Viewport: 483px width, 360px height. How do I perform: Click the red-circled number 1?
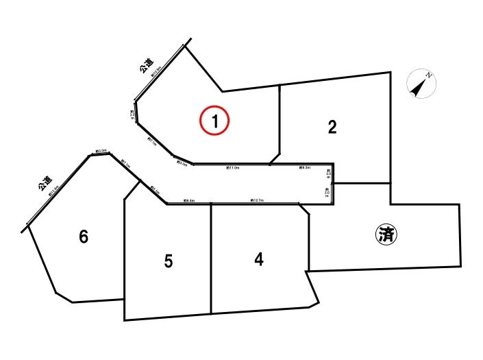pyautogui.click(x=214, y=121)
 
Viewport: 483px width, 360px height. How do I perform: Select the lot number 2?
pyautogui.click(x=332, y=127)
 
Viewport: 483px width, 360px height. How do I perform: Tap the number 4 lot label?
pyautogui.click(x=258, y=259)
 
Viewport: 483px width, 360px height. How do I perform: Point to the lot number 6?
pyautogui.click(x=84, y=237)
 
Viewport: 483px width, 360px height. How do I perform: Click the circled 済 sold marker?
pyautogui.click(x=387, y=235)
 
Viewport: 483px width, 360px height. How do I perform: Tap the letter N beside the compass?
pyautogui.click(x=428, y=75)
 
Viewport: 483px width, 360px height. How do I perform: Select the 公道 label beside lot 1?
pyautogui.click(x=146, y=67)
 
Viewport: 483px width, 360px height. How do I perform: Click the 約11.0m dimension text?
pyautogui.click(x=233, y=167)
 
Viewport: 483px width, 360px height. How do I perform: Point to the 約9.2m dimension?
pyautogui.click(x=305, y=167)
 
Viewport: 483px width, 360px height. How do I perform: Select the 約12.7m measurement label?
pyautogui.click(x=257, y=200)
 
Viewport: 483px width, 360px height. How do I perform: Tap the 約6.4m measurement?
pyautogui.click(x=189, y=200)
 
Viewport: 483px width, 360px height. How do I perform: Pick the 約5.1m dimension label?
pyautogui.click(x=154, y=191)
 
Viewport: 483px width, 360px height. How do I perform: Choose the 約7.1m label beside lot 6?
pyautogui.click(x=125, y=163)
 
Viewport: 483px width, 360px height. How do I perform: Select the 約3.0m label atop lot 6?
pyautogui.click(x=101, y=151)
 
